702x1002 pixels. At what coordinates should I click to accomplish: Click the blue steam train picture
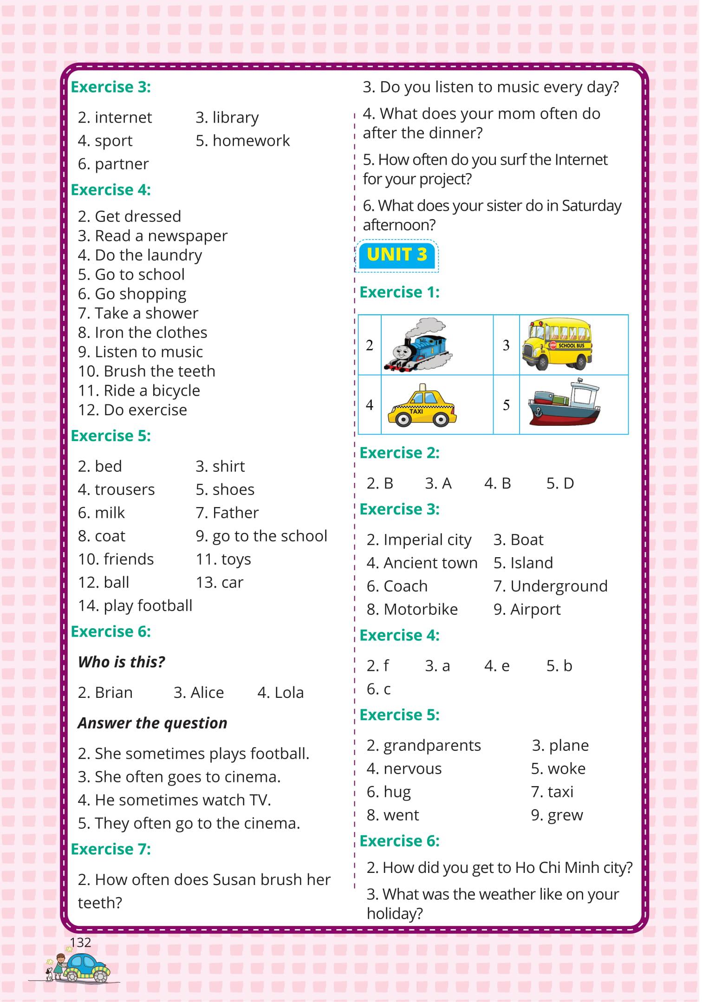tap(418, 345)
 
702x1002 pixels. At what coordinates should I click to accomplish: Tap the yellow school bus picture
tap(557, 344)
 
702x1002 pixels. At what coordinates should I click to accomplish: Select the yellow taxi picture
tap(422, 406)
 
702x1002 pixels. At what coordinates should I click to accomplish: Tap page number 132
tap(80, 942)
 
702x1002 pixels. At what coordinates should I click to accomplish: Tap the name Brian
tap(113, 692)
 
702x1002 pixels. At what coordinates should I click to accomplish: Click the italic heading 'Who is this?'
tap(121, 662)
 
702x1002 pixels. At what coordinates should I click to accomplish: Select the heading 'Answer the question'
tap(152, 723)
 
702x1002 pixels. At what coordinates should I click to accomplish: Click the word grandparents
tap(432, 745)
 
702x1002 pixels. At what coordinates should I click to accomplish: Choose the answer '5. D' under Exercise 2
tap(560, 483)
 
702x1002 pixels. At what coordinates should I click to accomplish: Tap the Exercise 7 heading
tap(110, 849)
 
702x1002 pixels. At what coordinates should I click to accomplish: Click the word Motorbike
tap(420, 609)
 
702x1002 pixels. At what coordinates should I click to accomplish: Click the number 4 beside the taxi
tap(370, 405)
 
